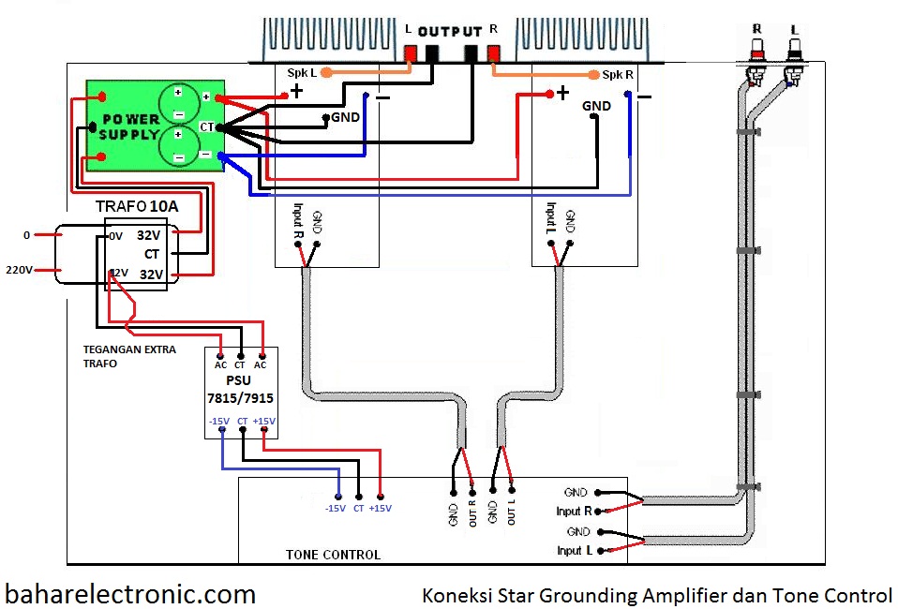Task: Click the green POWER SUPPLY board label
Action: [130, 126]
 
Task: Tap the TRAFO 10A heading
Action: [135, 205]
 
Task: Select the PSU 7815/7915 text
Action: [240, 390]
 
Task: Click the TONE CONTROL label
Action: [333, 555]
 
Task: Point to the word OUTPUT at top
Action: [449, 31]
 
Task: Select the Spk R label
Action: [618, 74]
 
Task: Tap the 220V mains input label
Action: [19, 270]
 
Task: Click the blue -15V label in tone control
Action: [336, 509]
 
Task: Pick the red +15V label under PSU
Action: [264, 422]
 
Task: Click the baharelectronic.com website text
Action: [130, 593]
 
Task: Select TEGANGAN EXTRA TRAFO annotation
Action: [120, 356]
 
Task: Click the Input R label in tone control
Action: [574, 512]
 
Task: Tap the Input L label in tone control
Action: [575, 551]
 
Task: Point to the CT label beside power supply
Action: [206, 126]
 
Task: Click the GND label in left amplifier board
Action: [345, 118]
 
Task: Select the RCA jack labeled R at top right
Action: [755, 47]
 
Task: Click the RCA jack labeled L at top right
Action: [794, 47]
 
